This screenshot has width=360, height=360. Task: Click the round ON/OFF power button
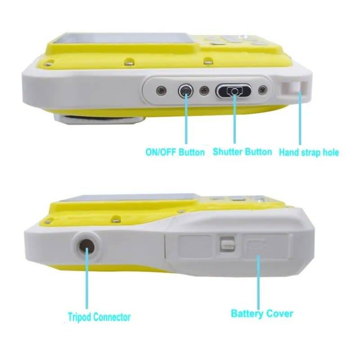[185, 91]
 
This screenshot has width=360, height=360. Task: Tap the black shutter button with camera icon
[234, 91]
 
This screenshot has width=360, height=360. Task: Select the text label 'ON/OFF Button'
[175, 152]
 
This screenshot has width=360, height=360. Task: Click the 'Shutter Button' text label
[242, 152]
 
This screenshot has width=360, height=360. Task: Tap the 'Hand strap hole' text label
[309, 152]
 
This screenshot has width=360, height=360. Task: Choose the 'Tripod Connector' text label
[99, 317]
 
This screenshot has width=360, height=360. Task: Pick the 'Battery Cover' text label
[262, 314]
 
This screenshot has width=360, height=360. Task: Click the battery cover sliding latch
[227, 244]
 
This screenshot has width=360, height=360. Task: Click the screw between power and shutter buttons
[204, 91]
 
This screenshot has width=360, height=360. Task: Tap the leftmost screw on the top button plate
[161, 91]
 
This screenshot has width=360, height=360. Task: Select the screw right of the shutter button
[262, 90]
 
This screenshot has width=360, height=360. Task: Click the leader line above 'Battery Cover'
[258, 282]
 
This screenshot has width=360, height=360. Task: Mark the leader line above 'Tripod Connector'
[87, 278]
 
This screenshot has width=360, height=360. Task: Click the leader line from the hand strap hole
[300, 118]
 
